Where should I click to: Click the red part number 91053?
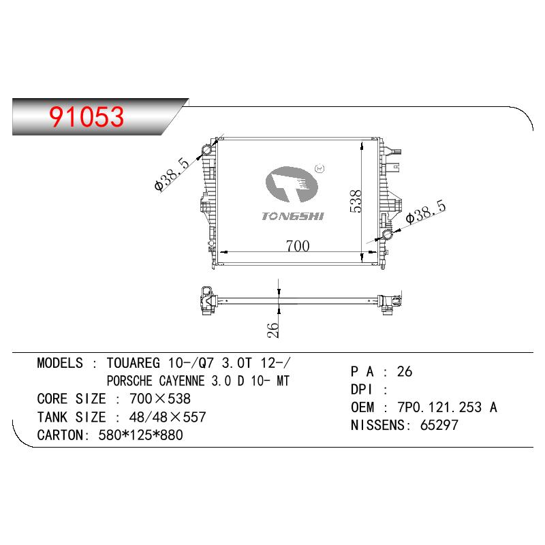tap(87, 116)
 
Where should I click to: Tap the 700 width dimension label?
tap(298, 246)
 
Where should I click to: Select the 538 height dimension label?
tap(356, 201)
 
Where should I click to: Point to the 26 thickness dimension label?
tap(273, 330)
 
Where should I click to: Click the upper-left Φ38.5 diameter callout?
tap(172, 174)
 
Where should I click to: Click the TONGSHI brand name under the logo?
tap(293, 216)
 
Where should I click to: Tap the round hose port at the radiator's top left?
tap(207, 150)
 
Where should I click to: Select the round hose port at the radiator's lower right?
tap(387, 235)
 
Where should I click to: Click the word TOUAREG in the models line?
tap(133, 363)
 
